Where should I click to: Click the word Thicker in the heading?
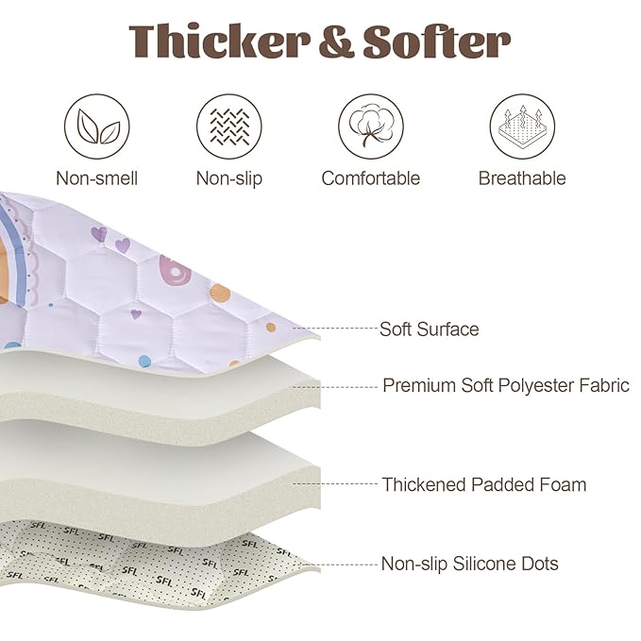tap(220, 41)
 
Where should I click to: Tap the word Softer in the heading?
tap(436, 41)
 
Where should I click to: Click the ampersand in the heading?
tap(336, 42)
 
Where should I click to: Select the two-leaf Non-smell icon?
tap(97, 127)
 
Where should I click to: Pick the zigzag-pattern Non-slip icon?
tap(228, 127)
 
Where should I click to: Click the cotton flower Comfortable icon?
tap(371, 127)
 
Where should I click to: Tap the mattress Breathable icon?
tap(522, 127)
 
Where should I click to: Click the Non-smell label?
tap(97, 178)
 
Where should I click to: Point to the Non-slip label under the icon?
tap(228, 178)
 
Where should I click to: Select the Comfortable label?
tap(371, 178)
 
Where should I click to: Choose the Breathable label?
tap(522, 178)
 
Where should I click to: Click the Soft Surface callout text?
tap(430, 329)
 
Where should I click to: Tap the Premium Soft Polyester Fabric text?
tap(506, 385)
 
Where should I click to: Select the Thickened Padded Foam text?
tap(484, 484)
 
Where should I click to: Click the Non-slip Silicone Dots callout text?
tap(470, 564)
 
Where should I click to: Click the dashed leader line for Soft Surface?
tap(336, 328)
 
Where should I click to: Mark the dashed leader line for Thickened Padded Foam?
tap(336, 483)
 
